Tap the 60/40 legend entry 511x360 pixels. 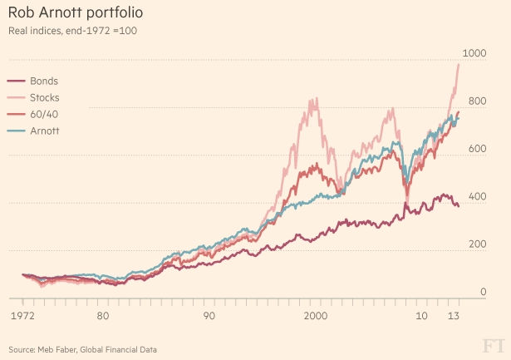(43, 114)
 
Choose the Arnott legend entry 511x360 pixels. (45, 131)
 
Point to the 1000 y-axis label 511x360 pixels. (474, 53)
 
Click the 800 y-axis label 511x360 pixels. (477, 101)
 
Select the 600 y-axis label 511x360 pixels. (477, 149)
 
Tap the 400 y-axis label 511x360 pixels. (477, 196)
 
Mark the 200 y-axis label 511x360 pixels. (477, 244)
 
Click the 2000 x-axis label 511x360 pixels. (316, 317)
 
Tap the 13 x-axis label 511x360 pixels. (454, 317)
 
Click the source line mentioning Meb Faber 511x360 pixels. (82, 348)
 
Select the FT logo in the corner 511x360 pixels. (494, 344)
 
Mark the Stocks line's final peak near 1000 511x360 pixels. (459, 64)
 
